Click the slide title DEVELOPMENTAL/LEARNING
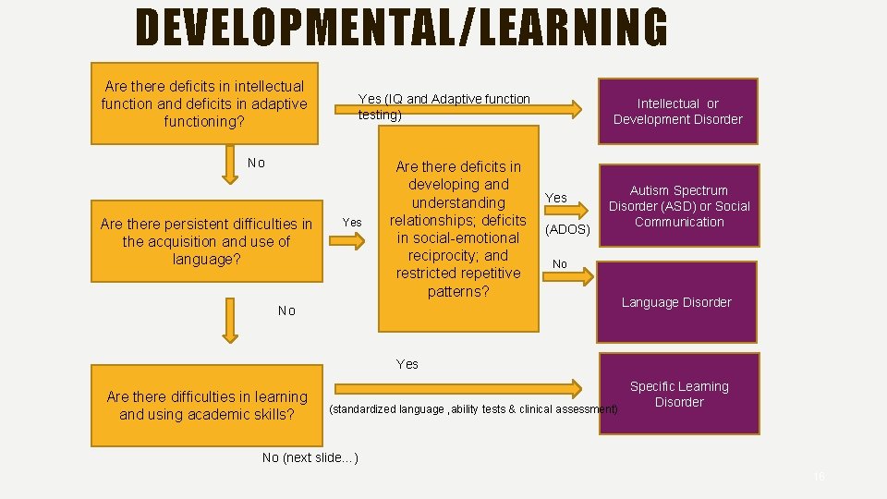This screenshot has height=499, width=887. pyautogui.click(x=401, y=28)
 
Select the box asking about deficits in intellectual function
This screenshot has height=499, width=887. pyautogui.click(x=204, y=103)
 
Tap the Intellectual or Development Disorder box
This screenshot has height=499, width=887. pyautogui.click(x=677, y=111)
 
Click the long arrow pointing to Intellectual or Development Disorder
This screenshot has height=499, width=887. pyautogui.click(x=471, y=109)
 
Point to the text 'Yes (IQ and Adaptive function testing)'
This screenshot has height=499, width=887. pyautogui.click(x=444, y=106)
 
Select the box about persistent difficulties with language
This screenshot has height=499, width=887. pyautogui.click(x=206, y=241)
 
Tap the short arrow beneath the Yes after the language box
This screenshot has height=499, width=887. pyautogui.click(x=346, y=241)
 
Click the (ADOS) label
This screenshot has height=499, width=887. pyautogui.click(x=567, y=228)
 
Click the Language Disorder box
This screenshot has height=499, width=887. pyautogui.click(x=676, y=302)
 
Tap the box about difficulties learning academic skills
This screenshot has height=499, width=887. pyautogui.click(x=207, y=405)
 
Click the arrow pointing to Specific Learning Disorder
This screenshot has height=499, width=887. pyautogui.click(x=457, y=388)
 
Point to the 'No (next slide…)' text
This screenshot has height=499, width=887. pyautogui.click(x=310, y=457)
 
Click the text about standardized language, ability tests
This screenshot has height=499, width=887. pyautogui.click(x=474, y=409)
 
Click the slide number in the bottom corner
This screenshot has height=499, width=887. pyautogui.click(x=819, y=477)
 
